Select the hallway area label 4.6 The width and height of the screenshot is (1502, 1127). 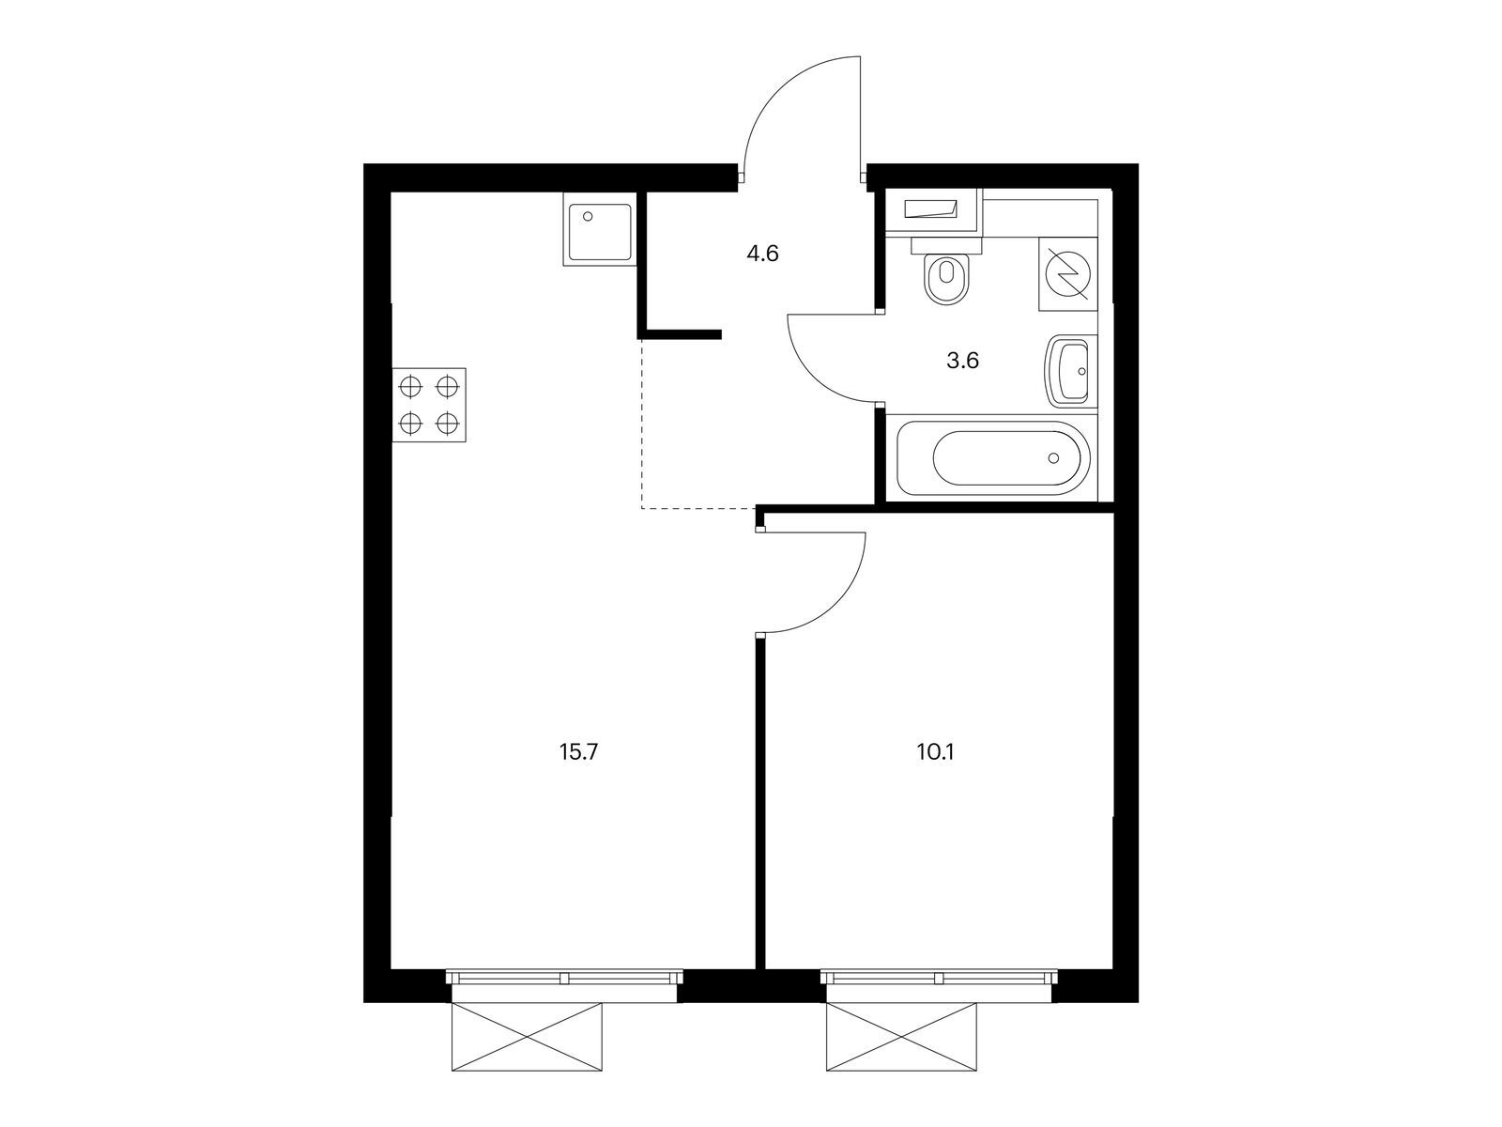coord(762,254)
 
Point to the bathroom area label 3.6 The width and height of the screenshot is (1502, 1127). coord(963,361)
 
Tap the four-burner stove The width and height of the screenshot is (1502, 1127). coord(429,404)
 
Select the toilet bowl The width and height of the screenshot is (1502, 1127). coord(946,281)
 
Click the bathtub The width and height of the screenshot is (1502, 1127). coord(993,459)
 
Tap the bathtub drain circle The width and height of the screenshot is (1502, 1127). coord(1054,458)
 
